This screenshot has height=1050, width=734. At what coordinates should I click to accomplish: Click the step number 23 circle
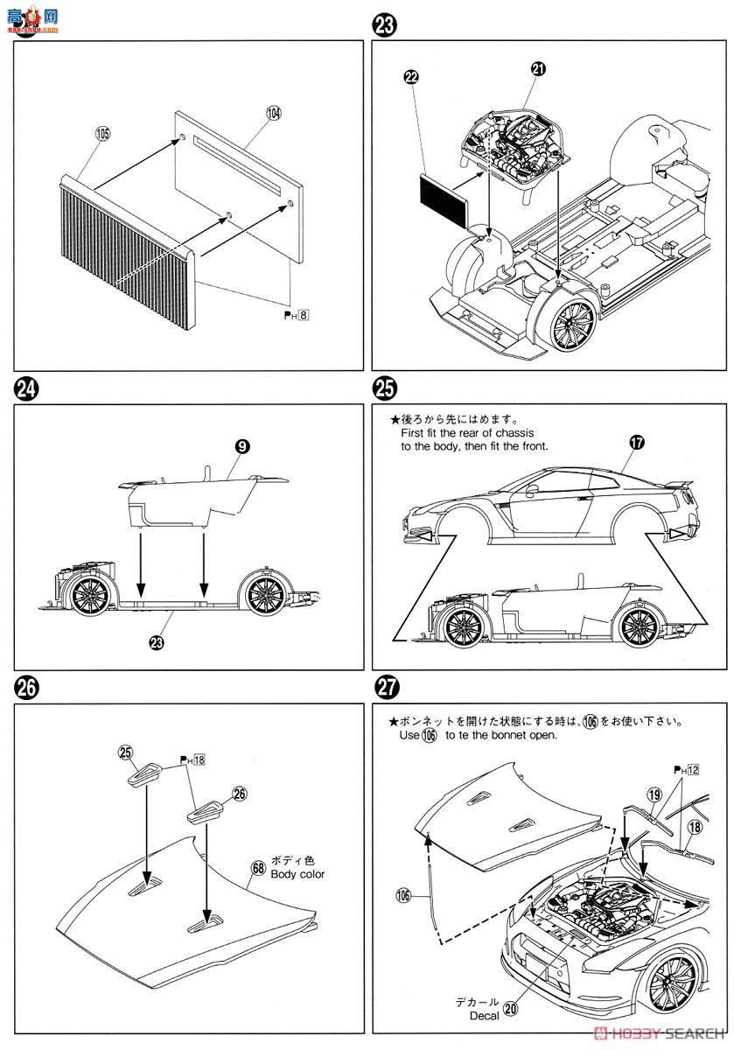click(384, 25)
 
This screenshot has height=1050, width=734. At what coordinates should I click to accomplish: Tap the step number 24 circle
click(27, 388)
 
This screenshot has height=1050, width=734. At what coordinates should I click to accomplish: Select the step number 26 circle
click(27, 687)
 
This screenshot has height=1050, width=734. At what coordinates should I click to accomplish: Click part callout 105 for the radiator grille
click(103, 134)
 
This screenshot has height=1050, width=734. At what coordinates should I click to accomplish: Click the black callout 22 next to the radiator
click(411, 78)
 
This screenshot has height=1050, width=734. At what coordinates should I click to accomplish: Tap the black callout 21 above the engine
click(537, 69)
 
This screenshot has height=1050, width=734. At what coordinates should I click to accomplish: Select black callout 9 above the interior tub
click(243, 446)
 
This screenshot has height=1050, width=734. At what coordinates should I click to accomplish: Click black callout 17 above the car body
click(636, 442)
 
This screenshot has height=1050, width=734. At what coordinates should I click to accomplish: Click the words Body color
click(297, 873)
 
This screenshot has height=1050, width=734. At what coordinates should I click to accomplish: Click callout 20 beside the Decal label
click(511, 1008)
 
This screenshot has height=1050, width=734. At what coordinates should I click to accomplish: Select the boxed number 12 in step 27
click(694, 769)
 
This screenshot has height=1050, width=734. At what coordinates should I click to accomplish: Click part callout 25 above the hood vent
click(125, 752)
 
